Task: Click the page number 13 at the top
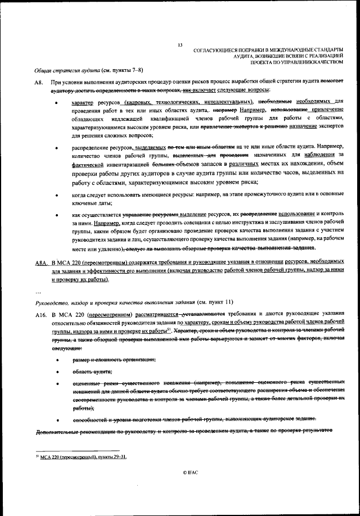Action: (180, 45)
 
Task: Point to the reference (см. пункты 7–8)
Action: (121, 70)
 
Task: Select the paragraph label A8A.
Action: (40, 262)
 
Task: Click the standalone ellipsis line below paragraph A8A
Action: (38, 292)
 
